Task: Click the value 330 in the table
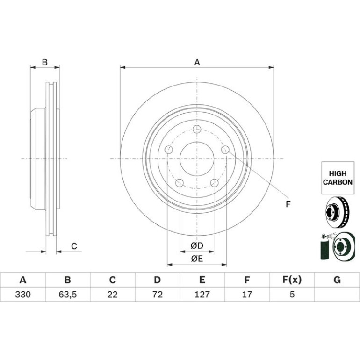(x=23, y=294)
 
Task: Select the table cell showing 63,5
(x=67, y=294)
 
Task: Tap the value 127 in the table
(x=202, y=294)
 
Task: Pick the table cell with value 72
(x=158, y=294)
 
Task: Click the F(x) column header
(x=292, y=280)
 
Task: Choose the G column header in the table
(x=337, y=280)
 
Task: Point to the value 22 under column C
(x=113, y=294)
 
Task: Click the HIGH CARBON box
(x=338, y=178)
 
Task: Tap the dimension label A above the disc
(x=197, y=62)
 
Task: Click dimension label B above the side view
(x=45, y=62)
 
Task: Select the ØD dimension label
(x=197, y=245)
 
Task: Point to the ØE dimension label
(x=197, y=259)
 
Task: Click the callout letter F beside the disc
(x=288, y=204)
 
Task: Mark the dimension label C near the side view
(x=74, y=246)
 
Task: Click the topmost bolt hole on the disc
(x=197, y=129)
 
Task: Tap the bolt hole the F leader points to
(x=225, y=150)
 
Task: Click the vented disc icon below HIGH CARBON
(x=338, y=212)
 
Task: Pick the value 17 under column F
(x=247, y=294)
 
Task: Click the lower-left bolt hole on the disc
(x=180, y=183)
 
